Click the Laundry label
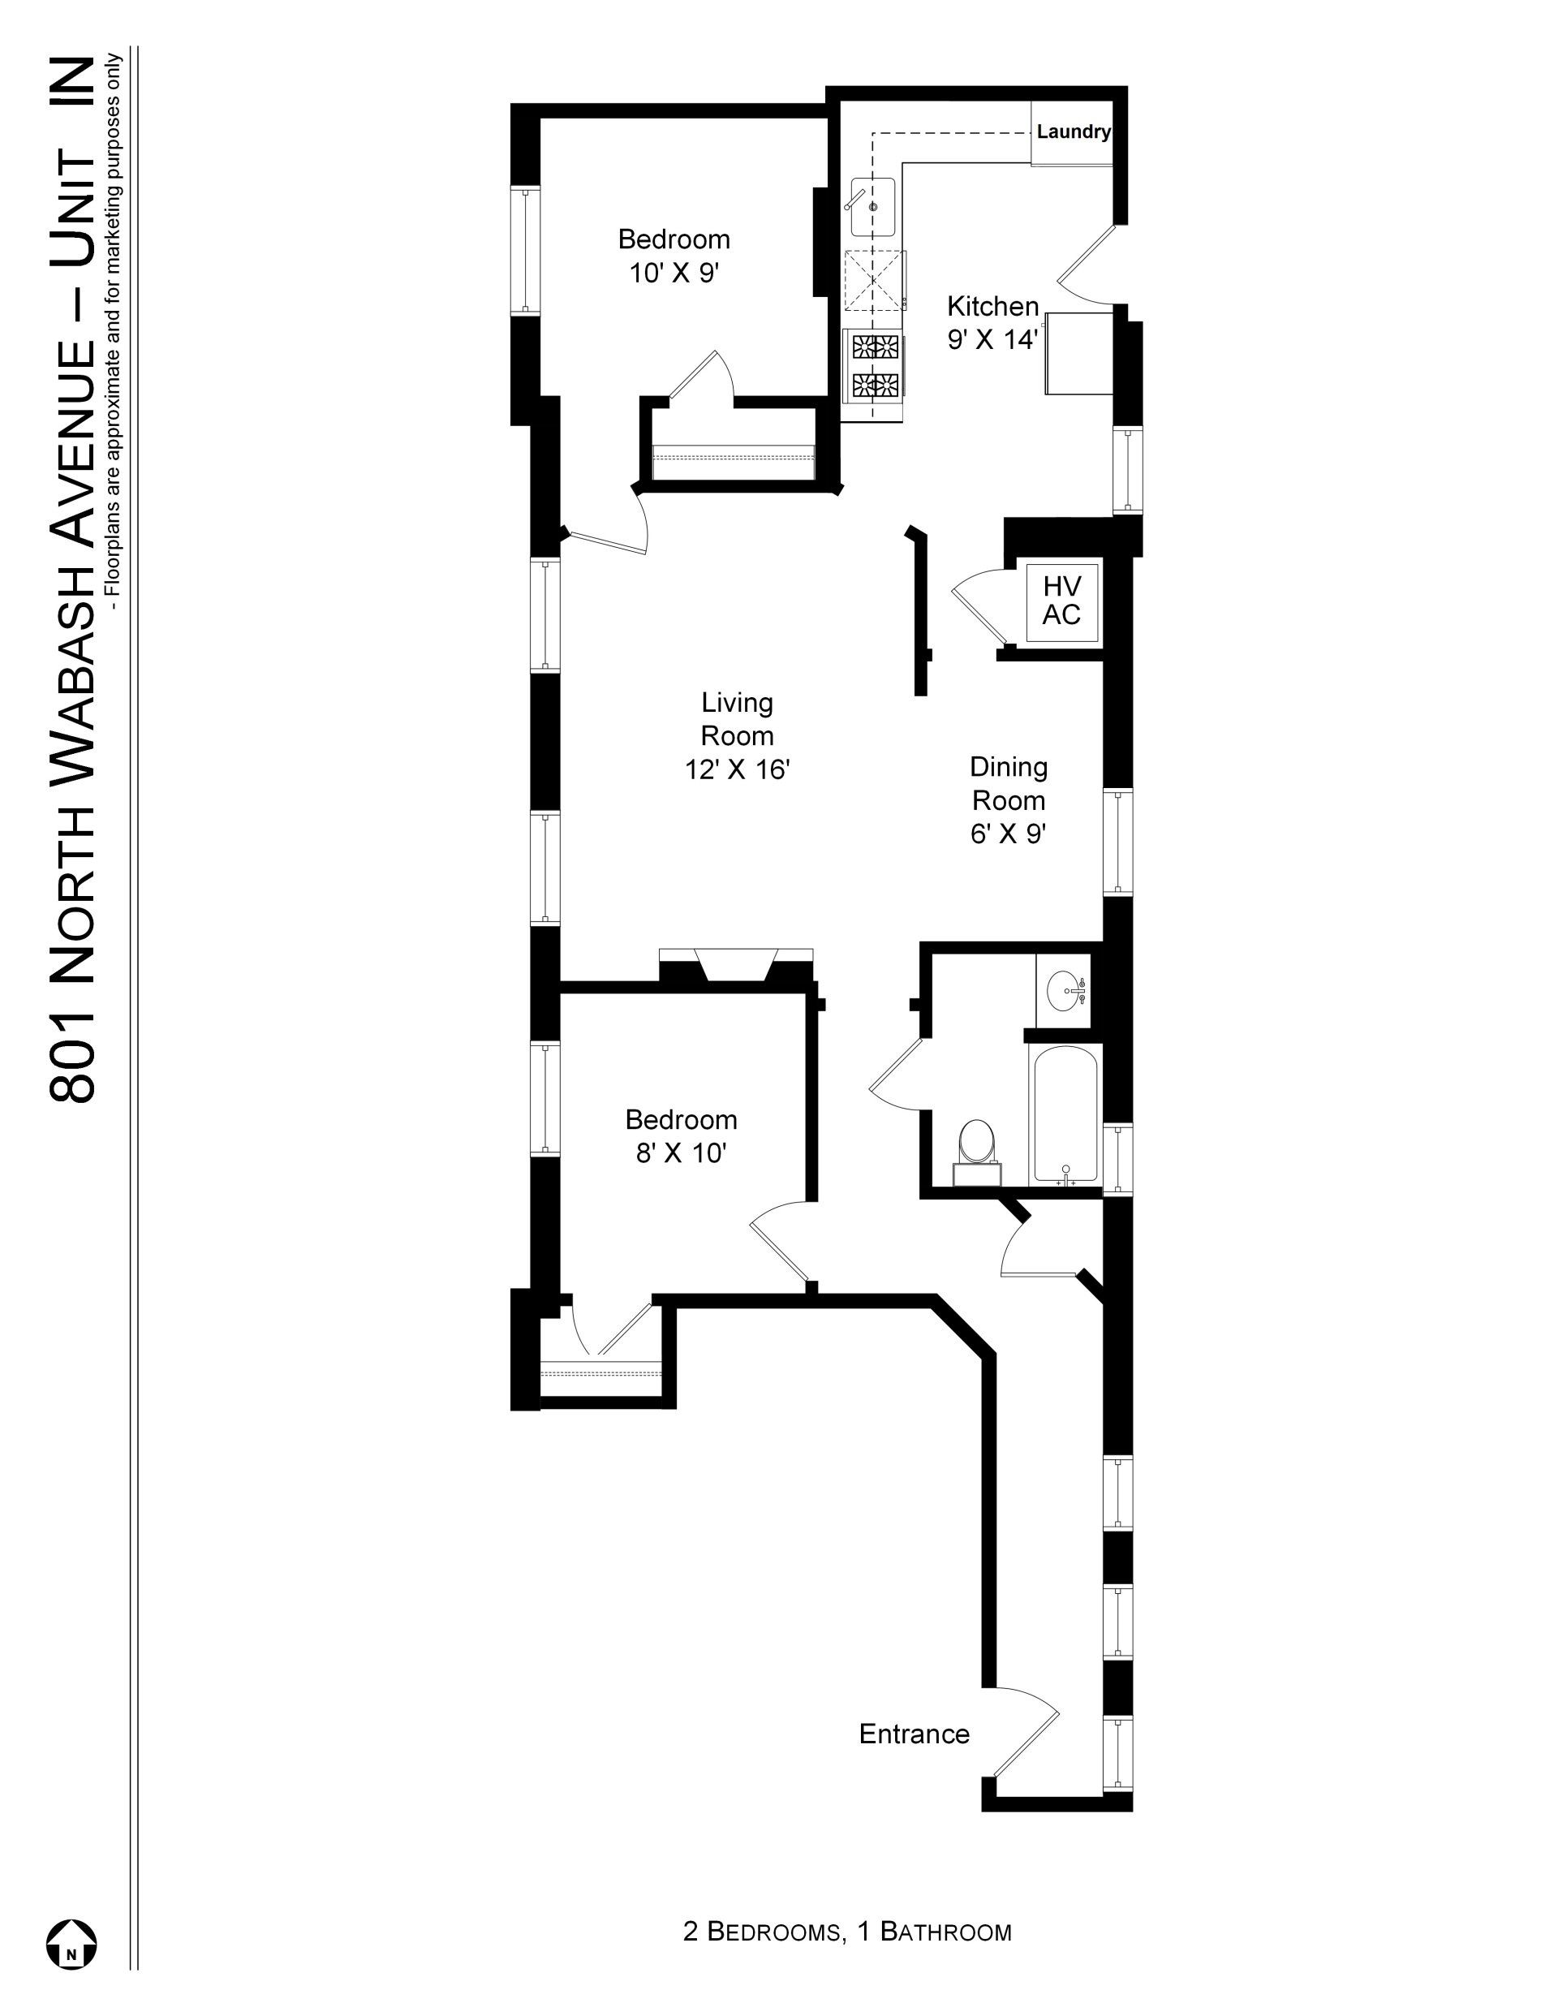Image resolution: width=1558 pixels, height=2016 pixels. (x=1073, y=131)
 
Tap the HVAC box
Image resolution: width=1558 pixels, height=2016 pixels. (x=1061, y=601)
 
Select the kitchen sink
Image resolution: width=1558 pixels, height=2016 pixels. (x=872, y=208)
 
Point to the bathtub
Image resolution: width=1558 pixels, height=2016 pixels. (x=1065, y=1114)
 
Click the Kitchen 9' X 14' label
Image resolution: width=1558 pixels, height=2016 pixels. (x=993, y=322)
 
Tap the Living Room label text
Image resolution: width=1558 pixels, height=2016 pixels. (x=737, y=735)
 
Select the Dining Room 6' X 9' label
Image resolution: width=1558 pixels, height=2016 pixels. (x=1008, y=800)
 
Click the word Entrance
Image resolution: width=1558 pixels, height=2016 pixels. (x=914, y=1734)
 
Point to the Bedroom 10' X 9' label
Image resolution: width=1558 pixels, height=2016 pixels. (x=674, y=256)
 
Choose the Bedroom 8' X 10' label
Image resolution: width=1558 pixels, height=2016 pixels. (x=681, y=1136)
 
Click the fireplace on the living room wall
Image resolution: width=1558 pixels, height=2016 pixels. (x=737, y=966)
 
